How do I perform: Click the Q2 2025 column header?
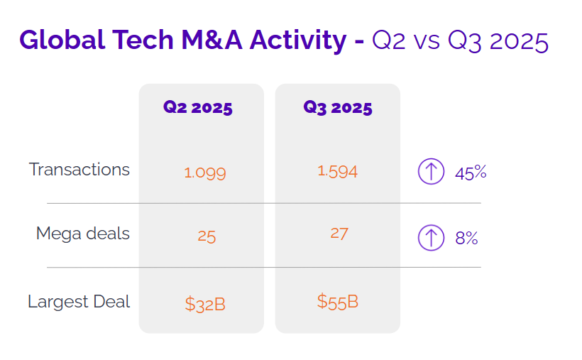tap(198, 108)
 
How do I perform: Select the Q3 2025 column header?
tap(338, 108)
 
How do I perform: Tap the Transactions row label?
tap(79, 170)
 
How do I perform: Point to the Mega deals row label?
tap(83, 234)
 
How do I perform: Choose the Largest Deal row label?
tap(79, 301)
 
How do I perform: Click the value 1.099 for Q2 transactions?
tap(205, 173)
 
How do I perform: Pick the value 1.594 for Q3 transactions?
tap(337, 171)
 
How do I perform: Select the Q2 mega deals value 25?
tap(207, 236)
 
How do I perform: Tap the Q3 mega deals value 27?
tap(339, 233)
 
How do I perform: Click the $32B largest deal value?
tap(205, 305)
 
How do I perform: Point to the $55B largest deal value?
tap(338, 301)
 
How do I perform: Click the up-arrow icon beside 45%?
tap(431, 172)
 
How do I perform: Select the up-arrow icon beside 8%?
tap(431, 237)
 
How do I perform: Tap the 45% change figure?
tap(471, 173)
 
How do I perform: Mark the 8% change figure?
tap(467, 238)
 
